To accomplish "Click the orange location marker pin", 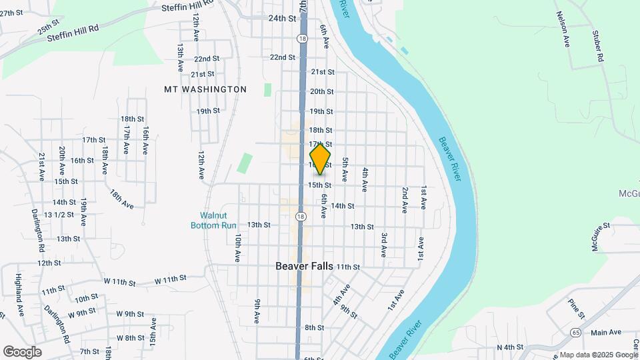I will [321, 159].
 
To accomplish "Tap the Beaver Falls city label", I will [305, 265].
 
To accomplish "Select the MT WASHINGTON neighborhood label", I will [205, 89].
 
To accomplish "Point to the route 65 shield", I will [575, 331].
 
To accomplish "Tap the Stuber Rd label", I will [598, 46].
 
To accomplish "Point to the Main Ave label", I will [605, 332].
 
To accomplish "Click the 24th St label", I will [282, 19].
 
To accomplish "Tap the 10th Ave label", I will [237, 247].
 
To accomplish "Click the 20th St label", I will [321, 91].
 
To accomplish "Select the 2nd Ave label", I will [405, 199].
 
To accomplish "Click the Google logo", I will [22, 351].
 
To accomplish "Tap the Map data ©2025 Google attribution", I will [598, 355].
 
